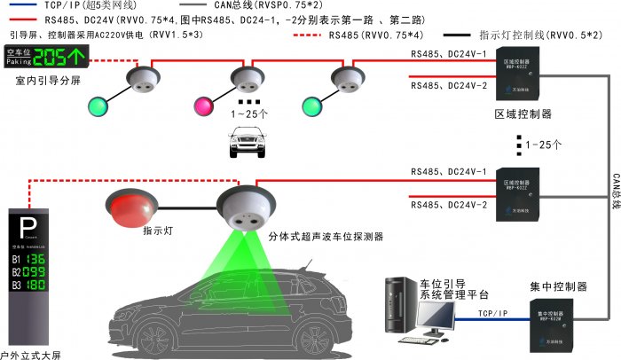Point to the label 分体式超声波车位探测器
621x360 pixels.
326,238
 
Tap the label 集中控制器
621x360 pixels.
558,286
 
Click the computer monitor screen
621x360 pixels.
436,315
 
